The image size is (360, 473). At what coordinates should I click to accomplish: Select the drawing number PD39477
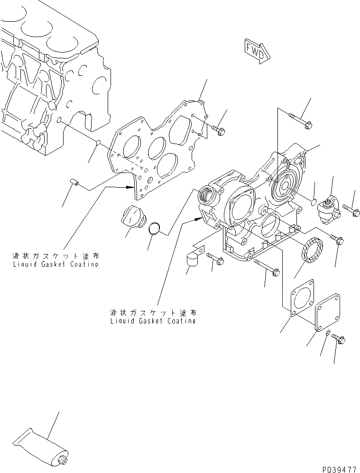click(x=339, y=467)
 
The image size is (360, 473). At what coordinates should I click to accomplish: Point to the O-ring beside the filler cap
click(x=154, y=228)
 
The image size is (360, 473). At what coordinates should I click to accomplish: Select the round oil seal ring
click(x=311, y=250)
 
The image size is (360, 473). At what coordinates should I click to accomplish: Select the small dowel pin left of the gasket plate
click(x=74, y=182)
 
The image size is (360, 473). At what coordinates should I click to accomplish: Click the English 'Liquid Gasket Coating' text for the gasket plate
click(x=55, y=264)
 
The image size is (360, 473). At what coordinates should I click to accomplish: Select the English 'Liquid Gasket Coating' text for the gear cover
click(x=152, y=321)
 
